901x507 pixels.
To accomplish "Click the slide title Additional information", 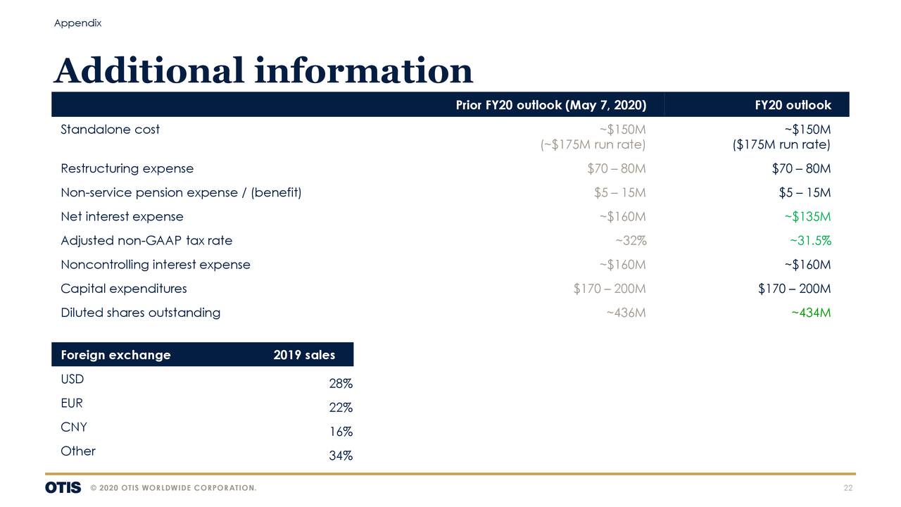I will pyautogui.click(x=263, y=71).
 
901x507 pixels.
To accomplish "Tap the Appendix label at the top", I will pyautogui.click(x=77, y=23).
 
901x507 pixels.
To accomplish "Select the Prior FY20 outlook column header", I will pyautogui.click(x=550, y=106).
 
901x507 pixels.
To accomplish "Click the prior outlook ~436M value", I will pyautogui.click(x=625, y=313).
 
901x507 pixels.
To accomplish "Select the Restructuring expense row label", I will pyautogui.click(x=127, y=169).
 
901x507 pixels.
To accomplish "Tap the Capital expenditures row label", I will pyautogui.click(x=124, y=289).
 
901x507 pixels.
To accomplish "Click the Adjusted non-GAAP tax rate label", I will pyautogui.click(x=146, y=241).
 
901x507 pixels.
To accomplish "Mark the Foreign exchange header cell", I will pyautogui.click(x=115, y=355).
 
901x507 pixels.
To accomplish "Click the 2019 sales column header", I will pyautogui.click(x=304, y=355).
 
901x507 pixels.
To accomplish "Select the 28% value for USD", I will pyautogui.click(x=341, y=384).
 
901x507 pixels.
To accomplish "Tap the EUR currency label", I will pyautogui.click(x=72, y=403).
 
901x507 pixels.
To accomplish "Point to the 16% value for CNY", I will pyautogui.click(x=341, y=432).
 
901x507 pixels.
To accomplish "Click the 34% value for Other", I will pyautogui.click(x=341, y=456).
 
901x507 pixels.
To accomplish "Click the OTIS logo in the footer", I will pyautogui.click(x=63, y=488).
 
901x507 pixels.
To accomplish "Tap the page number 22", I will pyautogui.click(x=848, y=489).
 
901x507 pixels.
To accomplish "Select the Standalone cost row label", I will pyautogui.click(x=110, y=130).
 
